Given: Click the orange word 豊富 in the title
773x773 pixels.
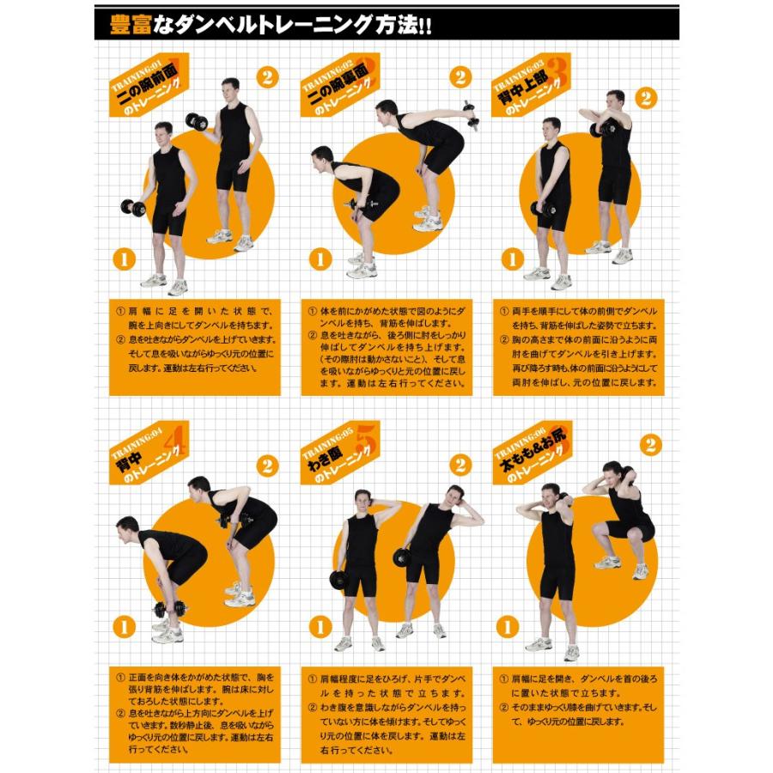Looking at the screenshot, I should click(131, 24).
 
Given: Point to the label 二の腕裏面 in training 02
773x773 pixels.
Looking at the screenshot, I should click(341, 90).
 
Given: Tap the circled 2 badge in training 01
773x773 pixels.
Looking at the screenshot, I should click(268, 77).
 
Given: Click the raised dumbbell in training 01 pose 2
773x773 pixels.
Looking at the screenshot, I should click(197, 121).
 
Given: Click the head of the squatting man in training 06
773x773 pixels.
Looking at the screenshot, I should click(612, 472).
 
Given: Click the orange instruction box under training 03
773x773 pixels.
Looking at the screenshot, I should click(579, 348).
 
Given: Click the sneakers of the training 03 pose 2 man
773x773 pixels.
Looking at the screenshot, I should click(611, 252).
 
